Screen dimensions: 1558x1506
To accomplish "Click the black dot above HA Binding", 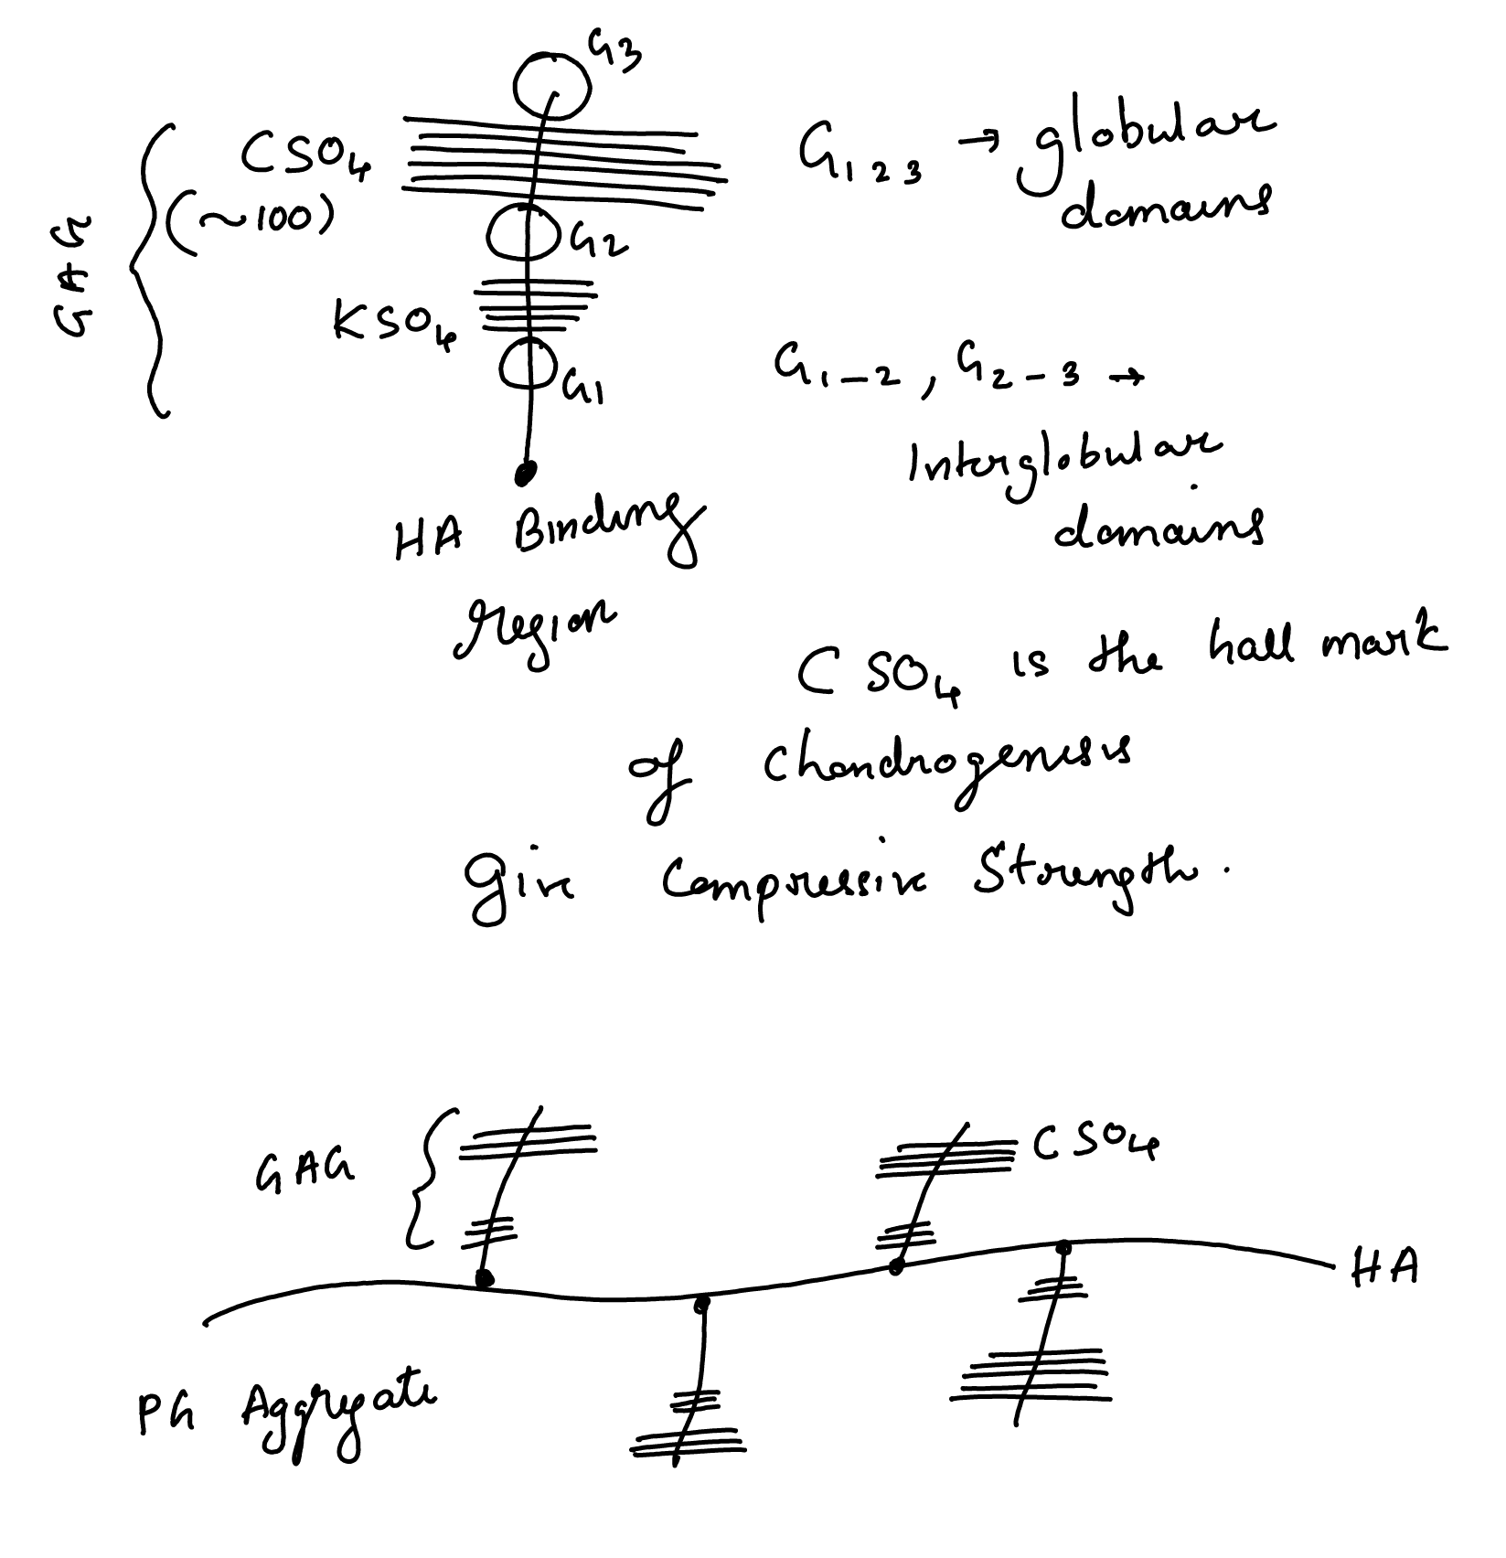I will click(525, 473).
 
